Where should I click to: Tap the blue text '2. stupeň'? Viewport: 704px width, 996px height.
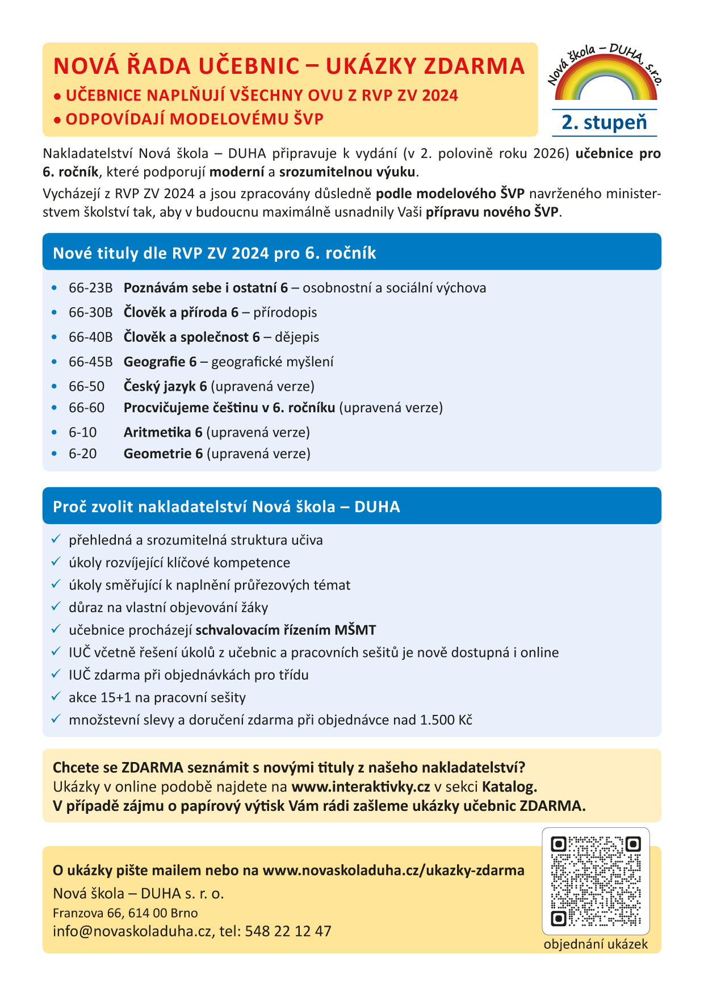tap(604, 123)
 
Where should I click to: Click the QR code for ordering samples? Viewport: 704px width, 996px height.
tap(596, 881)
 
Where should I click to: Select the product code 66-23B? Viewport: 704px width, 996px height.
tap(91, 288)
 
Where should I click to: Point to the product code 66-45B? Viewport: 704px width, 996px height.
tap(91, 362)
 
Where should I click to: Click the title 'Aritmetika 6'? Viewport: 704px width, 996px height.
tap(163, 432)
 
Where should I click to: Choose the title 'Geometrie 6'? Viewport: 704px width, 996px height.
tap(163, 454)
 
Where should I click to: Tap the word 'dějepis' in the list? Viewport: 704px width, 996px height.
tap(297, 337)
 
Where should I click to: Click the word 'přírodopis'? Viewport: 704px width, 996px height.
tap(285, 312)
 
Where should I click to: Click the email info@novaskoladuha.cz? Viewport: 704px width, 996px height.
tap(132, 931)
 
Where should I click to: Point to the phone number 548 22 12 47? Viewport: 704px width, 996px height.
tap(288, 931)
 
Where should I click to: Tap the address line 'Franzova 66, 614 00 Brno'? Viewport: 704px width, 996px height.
tap(125, 913)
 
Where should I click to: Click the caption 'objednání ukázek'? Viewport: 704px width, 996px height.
tap(596, 944)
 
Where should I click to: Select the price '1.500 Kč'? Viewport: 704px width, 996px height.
tap(446, 720)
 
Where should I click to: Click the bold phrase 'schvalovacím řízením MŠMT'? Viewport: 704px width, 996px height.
tap(286, 630)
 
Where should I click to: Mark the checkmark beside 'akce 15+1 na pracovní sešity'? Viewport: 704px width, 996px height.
tap(56, 697)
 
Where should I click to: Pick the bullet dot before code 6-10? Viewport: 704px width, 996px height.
tap(55, 433)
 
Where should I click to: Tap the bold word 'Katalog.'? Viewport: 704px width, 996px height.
tap(509, 787)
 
